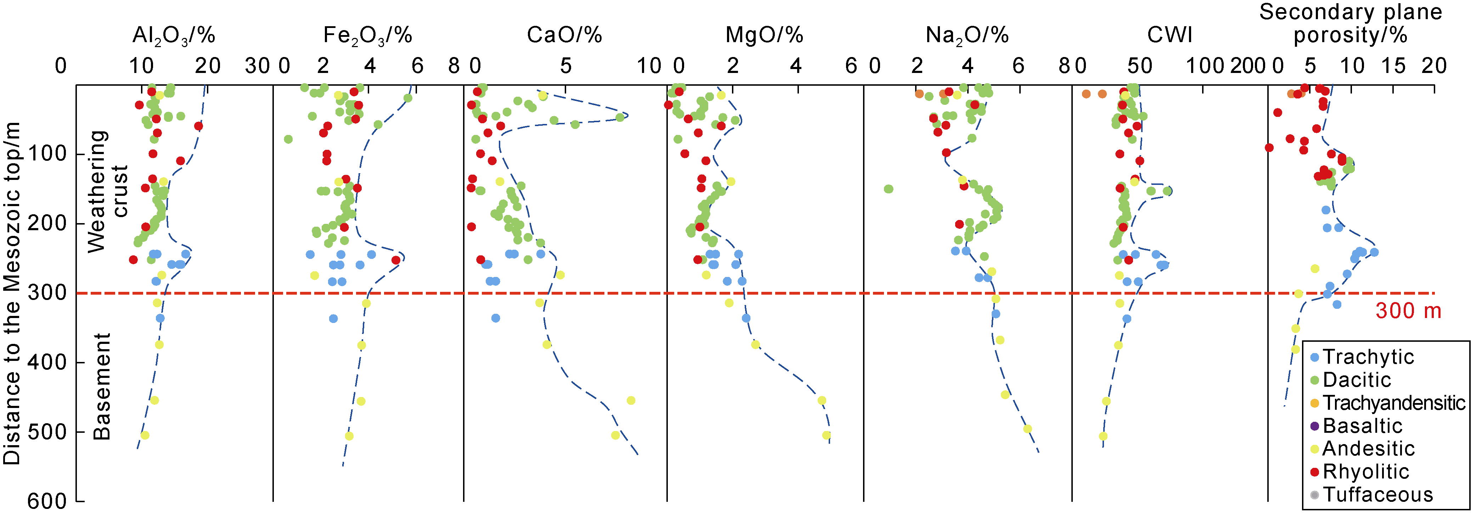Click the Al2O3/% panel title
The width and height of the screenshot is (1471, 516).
tap(174, 35)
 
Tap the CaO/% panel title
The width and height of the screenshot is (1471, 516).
tap(564, 35)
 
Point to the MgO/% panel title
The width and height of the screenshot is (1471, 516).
tap(764, 35)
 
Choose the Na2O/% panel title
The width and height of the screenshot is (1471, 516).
tap(967, 35)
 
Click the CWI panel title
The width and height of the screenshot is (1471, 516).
tap(1170, 35)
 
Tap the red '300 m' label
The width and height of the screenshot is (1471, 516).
tap(1408, 311)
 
